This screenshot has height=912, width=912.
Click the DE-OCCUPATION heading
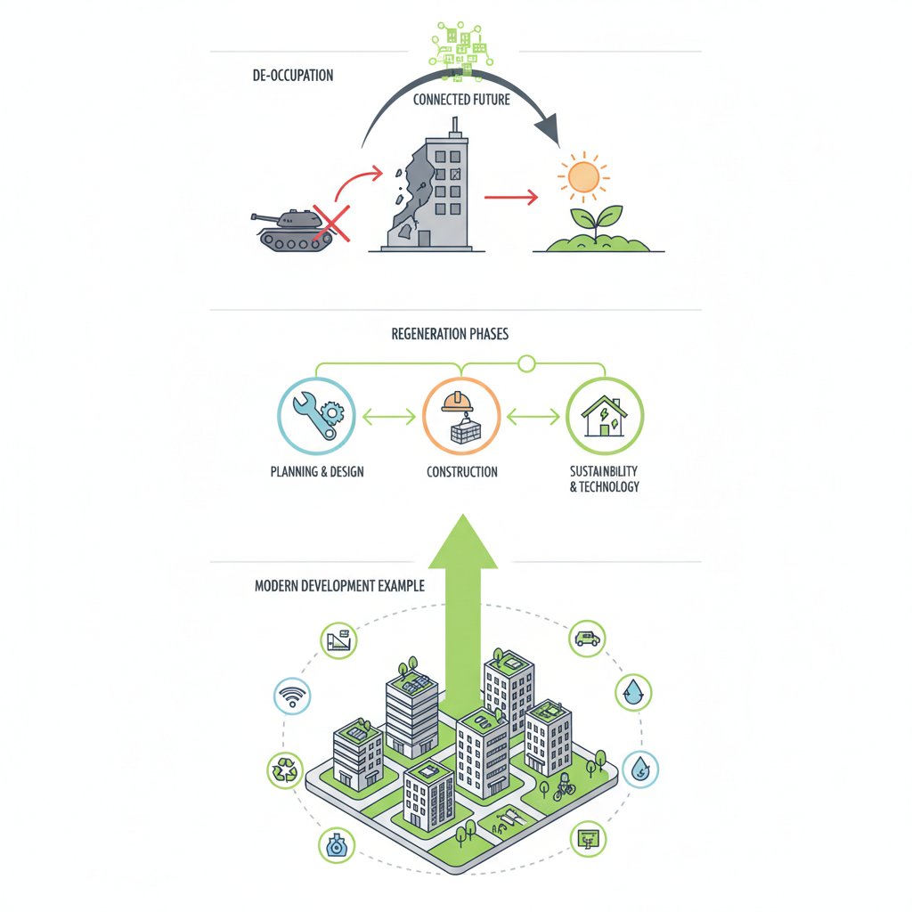click(x=292, y=75)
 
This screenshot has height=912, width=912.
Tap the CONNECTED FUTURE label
click(x=461, y=100)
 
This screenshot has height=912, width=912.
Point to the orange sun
click(x=583, y=177)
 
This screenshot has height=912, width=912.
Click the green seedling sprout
click(x=597, y=221)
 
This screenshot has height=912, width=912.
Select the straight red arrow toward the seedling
click(x=510, y=197)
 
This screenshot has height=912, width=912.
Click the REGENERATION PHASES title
click(x=450, y=334)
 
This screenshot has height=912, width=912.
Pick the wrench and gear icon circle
click(x=316, y=416)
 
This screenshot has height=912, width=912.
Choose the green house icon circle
click(x=605, y=416)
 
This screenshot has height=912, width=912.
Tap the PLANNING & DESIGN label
click(x=317, y=472)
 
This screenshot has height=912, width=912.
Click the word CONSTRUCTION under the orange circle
click(x=462, y=472)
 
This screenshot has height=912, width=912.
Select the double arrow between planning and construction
click(x=389, y=417)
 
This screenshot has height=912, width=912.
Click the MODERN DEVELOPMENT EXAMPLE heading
click(x=339, y=586)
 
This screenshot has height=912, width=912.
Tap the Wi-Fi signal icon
click(x=292, y=696)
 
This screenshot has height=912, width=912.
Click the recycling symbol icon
click(x=285, y=770)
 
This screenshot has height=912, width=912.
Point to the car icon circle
click(x=587, y=639)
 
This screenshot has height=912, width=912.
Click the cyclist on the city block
click(x=563, y=786)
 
